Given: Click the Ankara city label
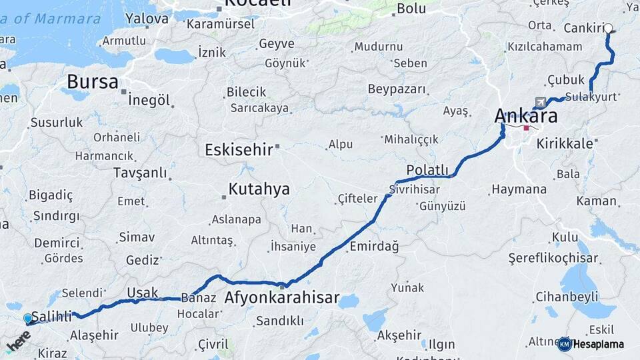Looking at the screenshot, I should click(x=525, y=115).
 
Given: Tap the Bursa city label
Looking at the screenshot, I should click(x=93, y=83).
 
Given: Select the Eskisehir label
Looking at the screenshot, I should click(x=239, y=149).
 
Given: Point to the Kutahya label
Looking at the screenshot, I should click(x=259, y=189).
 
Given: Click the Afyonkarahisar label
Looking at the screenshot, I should click(x=282, y=297).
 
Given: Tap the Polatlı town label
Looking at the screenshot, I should click(x=427, y=170).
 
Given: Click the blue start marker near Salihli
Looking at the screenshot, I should click(x=28, y=319).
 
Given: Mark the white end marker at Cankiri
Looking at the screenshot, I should click(x=609, y=29).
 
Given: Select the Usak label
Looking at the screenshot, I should click(x=142, y=292).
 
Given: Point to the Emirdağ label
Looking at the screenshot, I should click(x=374, y=247).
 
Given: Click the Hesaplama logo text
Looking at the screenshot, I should click(x=598, y=344).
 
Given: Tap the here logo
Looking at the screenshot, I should click(x=19, y=341).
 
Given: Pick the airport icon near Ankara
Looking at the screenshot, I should click(x=539, y=102).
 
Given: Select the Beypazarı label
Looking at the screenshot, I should click(x=397, y=89).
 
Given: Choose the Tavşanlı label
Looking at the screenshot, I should click(x=140, y=173).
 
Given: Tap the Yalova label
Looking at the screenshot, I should click(x=147, y=19).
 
